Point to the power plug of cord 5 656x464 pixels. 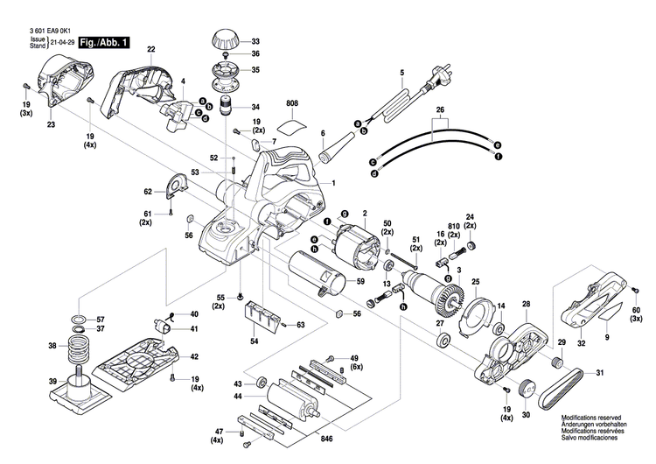tap(433, 84)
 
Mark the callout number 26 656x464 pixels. tap(441, 110)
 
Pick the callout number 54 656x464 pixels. tap(254, 340)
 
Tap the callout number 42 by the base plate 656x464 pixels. tap(194, 357)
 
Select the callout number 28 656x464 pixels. tap(526, 305)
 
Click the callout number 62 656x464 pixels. tap(149, 190)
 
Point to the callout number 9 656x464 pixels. tap(607, 337)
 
